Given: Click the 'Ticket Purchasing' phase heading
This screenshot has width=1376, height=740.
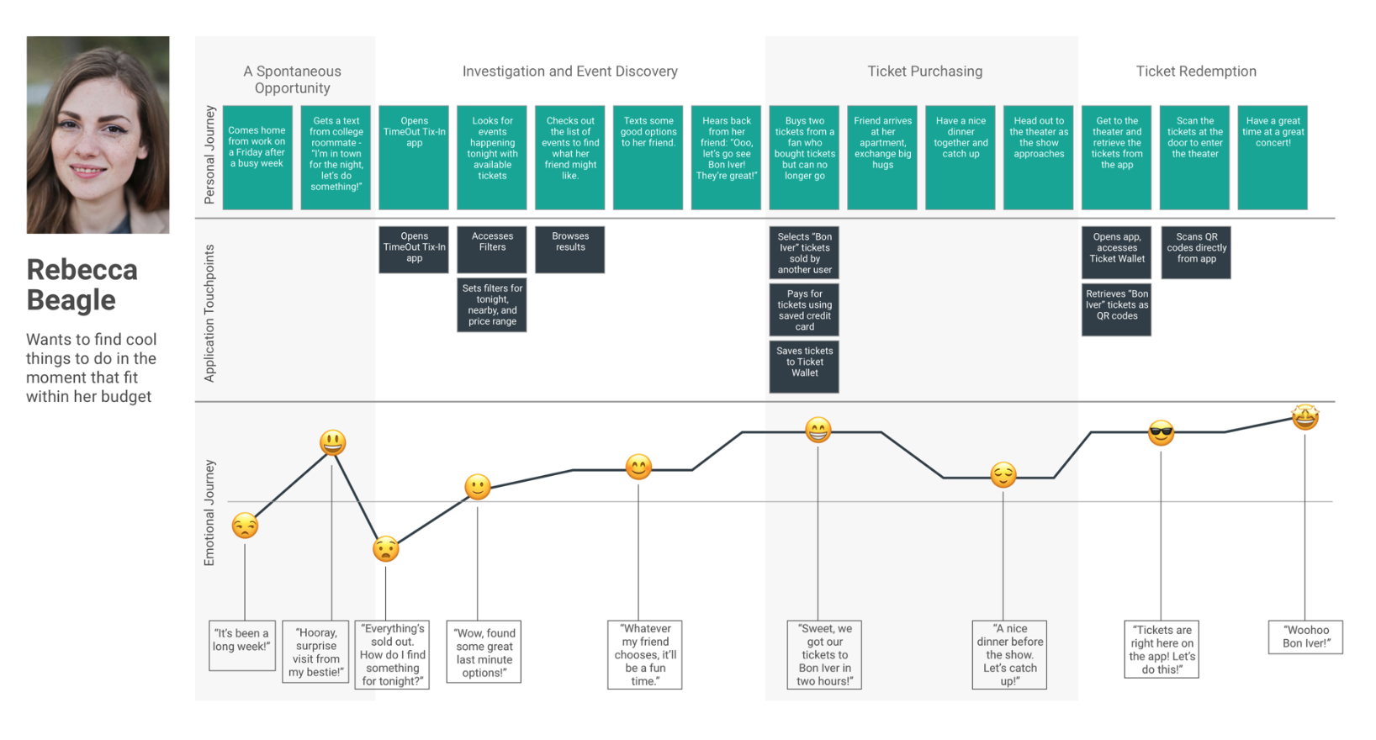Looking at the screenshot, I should tap(924, 71).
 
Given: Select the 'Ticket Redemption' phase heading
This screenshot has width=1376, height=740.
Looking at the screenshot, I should tap(1195, 71).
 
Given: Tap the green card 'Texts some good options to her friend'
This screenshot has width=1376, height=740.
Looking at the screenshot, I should tap(648, 157).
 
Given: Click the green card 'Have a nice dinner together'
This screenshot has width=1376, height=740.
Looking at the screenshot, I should tap(961, 157).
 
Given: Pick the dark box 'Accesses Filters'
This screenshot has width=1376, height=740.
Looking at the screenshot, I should tap(492, 249).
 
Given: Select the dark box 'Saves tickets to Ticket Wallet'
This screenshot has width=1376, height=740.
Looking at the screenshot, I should tap(804, 366).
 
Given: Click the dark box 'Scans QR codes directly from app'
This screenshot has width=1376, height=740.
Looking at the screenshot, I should tap(1195, 251).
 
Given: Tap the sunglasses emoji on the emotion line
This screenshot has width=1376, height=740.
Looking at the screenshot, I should tap(1161, 433).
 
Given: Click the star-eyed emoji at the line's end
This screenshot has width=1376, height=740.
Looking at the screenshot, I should tap(1305, 417).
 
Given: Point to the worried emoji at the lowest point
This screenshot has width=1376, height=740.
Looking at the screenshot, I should tap(386, 549).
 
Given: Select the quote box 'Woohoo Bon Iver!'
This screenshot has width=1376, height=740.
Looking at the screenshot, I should tap(1305, 637).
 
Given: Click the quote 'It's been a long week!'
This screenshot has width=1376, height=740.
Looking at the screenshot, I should tap(242, 644).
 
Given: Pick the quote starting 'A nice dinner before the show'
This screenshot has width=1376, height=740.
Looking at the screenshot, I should tap(1009, 654).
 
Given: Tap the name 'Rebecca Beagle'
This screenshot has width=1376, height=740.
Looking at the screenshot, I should tap(82, 284).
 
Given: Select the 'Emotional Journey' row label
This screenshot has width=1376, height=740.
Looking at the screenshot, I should tap(209, 512).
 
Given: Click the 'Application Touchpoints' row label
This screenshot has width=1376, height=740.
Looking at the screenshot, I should tap(209, 313).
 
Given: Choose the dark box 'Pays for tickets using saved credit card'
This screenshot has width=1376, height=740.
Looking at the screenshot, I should tap(804, 309).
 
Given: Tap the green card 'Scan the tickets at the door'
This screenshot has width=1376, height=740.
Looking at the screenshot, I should tap(1195, 157).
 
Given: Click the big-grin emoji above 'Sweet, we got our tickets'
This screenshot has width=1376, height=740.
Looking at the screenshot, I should tap(818, 431).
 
